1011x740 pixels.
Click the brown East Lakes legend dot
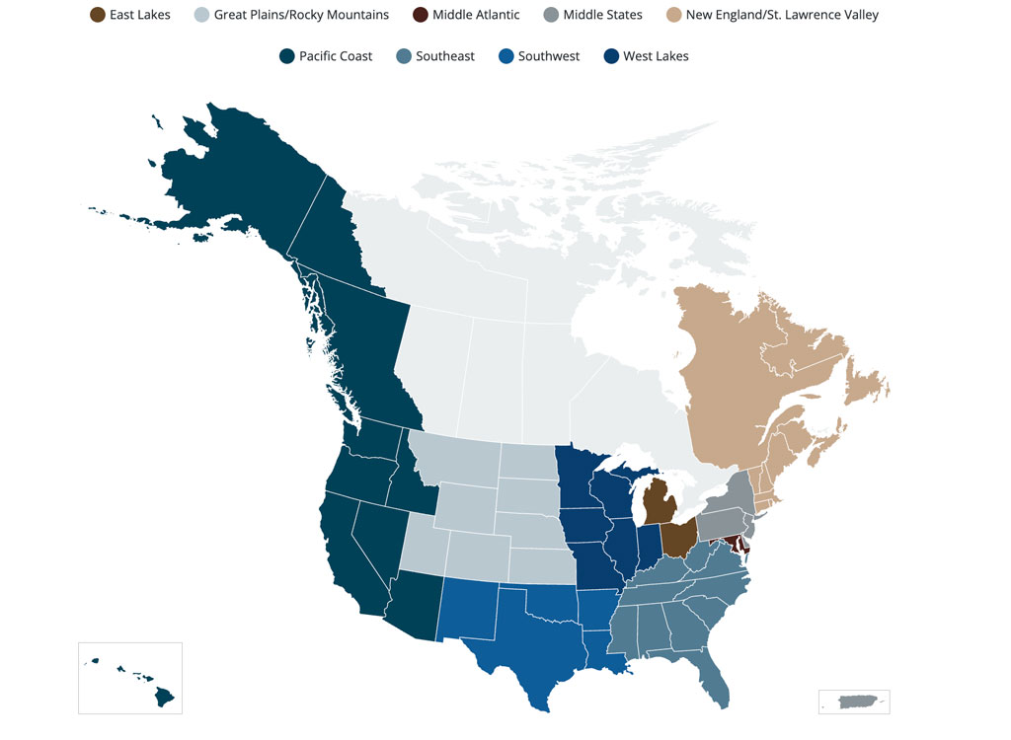97,15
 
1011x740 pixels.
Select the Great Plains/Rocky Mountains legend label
301,15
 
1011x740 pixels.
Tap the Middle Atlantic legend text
476,15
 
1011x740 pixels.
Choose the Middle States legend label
602,15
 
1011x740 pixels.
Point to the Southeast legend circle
404,56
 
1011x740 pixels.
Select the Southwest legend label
549,56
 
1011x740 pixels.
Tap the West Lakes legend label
656,56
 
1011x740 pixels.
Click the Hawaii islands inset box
130,678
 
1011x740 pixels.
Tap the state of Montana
454,459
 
